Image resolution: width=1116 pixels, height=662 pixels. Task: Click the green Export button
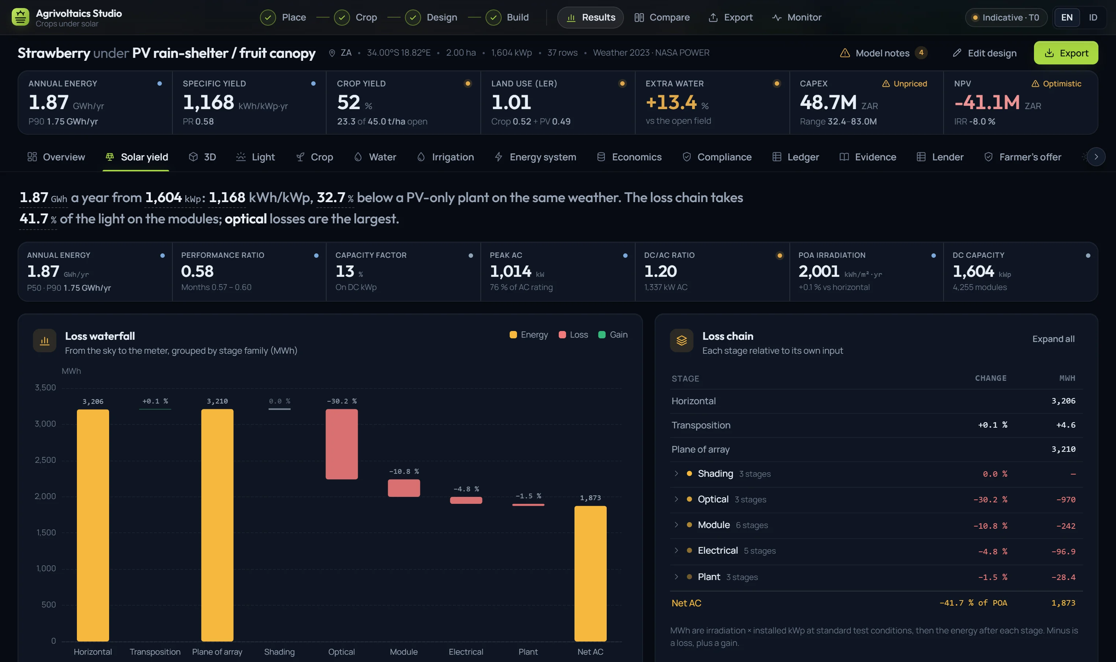pos(1065,53)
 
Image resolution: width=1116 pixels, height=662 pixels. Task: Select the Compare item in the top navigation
pos(662,18)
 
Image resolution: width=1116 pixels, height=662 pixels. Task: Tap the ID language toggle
pos(1093,18)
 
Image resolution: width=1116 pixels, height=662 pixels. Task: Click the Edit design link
pos(985,53)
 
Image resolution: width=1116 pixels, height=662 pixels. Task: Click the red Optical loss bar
pos(342,444)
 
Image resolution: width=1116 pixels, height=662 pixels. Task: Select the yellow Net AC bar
pos(590,574)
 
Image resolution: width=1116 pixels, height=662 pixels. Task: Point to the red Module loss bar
pos(403,488)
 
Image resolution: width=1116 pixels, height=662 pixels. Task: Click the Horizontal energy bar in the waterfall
pos(93,525)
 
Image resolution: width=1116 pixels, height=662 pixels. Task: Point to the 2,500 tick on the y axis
pos(45,460)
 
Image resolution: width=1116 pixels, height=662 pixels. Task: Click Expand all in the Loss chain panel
pos(1053,339)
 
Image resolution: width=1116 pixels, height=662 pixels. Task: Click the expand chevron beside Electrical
pos(676,550)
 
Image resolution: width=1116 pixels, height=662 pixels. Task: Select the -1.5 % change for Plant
pos(993,577)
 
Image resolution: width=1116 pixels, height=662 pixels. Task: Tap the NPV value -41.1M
pos(987,103)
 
